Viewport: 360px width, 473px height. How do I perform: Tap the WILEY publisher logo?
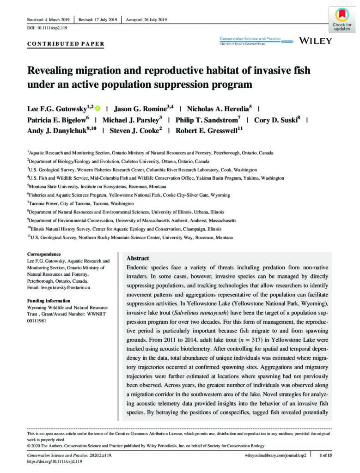pos(316,41)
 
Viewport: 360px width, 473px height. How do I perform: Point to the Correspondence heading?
pos(44,254)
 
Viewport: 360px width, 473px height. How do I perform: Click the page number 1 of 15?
pos(326,455)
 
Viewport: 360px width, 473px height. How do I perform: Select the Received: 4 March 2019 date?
pos(49,20)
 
